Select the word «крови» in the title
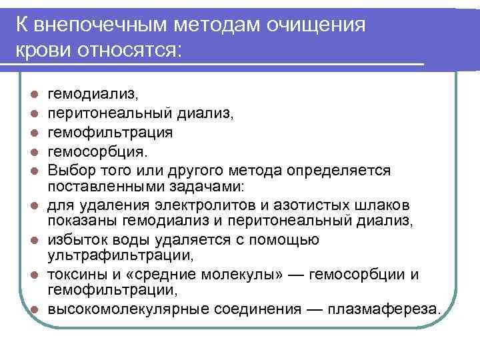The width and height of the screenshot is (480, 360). (x=43, y=51)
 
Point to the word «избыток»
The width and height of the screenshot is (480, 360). (x=81, y=239)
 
